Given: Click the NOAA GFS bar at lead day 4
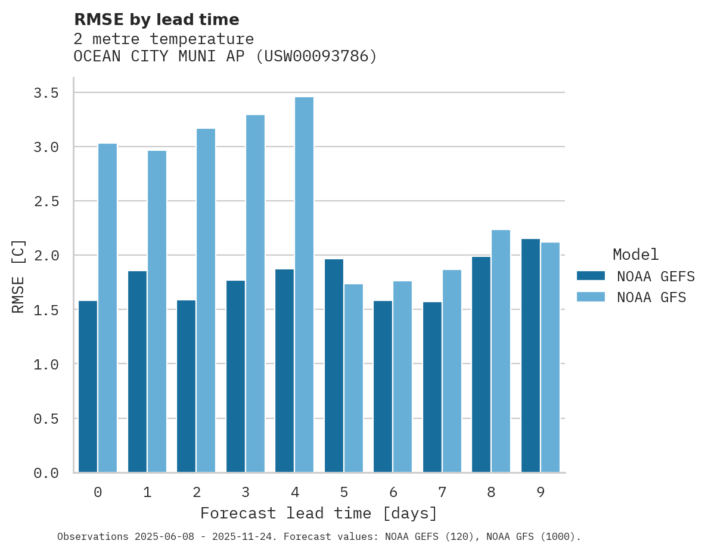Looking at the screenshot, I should [304, 285].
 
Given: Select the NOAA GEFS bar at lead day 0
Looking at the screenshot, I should [88, 387].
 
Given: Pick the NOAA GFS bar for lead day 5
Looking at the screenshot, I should [353, 378].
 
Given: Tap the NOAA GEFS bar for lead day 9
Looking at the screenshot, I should [530, 356].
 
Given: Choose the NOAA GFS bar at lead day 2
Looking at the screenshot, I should [206, 300].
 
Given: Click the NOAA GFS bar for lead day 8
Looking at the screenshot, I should [501, 351].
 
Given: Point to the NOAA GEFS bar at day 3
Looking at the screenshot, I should [235, 377].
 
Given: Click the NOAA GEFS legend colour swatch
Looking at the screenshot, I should [591, 276].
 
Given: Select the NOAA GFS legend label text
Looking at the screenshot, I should [651, 297].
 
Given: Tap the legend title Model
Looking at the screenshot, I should [635, 254].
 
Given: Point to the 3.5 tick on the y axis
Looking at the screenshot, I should [46, 93].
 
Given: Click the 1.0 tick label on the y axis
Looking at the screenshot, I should [46, 364].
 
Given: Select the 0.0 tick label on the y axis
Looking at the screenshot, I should [46, 473].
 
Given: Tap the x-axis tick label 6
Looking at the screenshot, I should [393, 492].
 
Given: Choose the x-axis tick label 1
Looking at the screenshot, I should [147, 492].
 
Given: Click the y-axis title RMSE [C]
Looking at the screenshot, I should [18, 276].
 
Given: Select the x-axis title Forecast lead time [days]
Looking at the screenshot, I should [319, 513].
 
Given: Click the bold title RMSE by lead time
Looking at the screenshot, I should [156, 20].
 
